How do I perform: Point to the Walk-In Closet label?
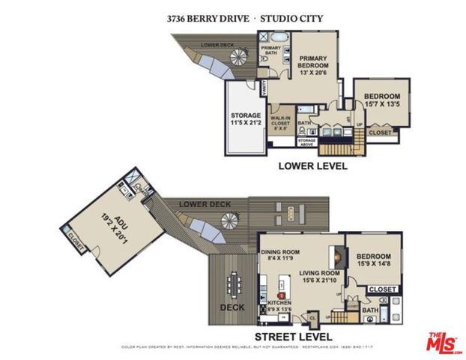(x=280, y=122)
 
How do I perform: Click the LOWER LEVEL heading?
(x=312, y=166)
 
